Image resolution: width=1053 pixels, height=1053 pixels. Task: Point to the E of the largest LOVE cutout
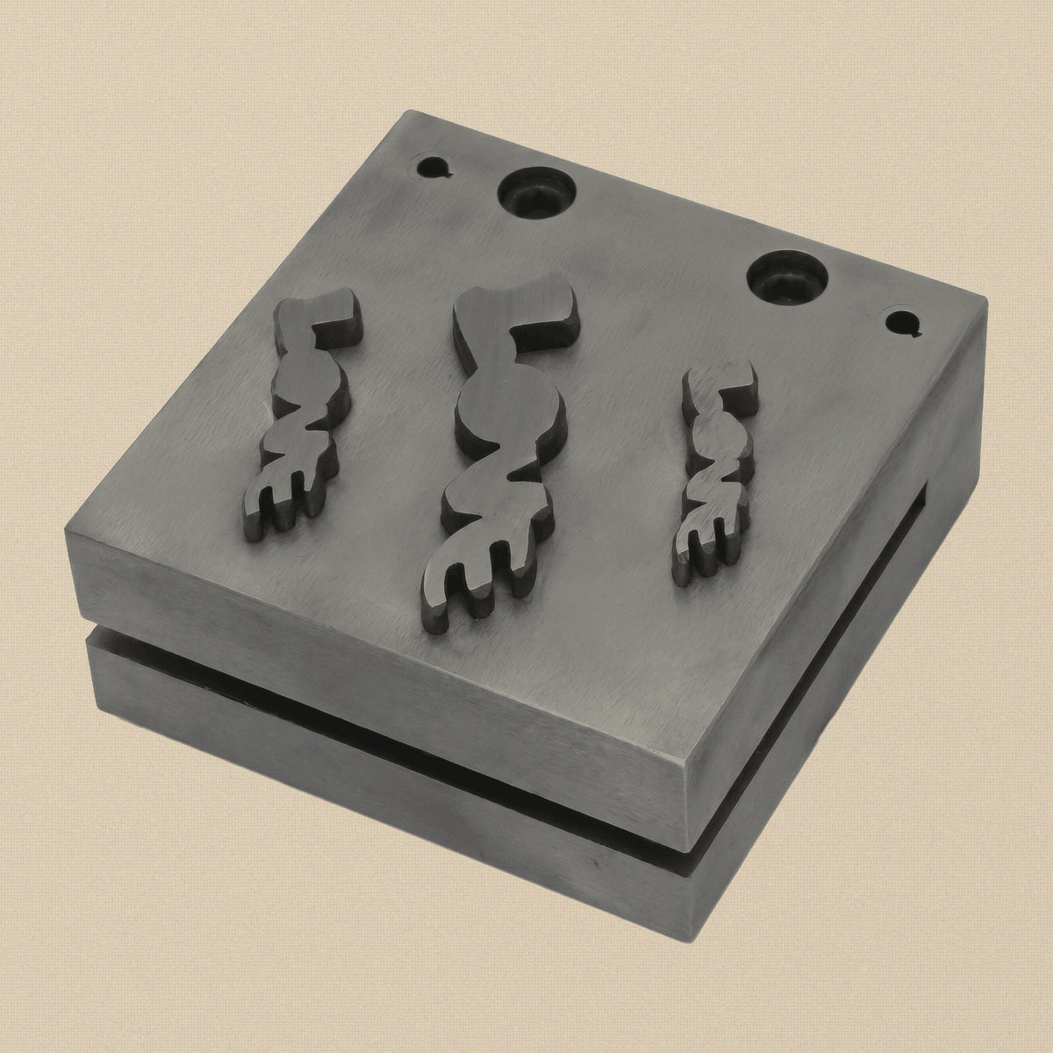coord(476,584)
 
